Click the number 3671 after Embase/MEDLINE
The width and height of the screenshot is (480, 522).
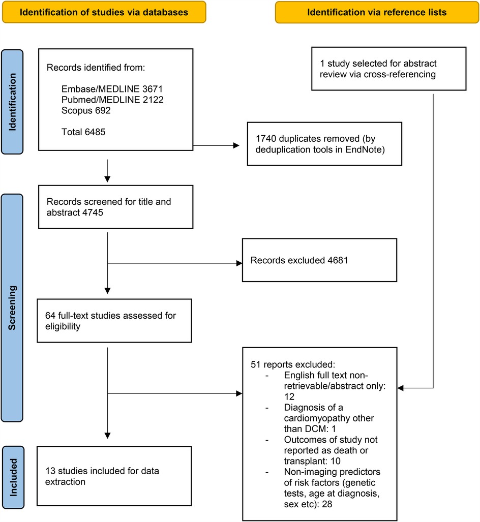click(152, 89)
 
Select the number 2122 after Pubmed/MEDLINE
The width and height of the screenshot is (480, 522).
click(153, 100)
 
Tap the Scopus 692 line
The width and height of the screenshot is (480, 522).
click(86, 110)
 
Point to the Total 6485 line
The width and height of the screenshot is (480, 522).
click(83, 132)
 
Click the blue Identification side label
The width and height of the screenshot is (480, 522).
click(12, 102)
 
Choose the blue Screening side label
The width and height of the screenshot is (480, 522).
click(12, 308)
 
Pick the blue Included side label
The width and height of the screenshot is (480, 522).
click(13, 477)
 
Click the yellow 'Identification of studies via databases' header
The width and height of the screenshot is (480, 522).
click(104, 12)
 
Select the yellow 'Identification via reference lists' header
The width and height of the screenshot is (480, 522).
click(377, 12)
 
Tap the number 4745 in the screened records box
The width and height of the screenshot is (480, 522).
click(93, 212)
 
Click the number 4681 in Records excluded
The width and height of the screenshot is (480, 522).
click(338, 260)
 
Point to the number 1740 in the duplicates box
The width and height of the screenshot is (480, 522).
click(266, 138)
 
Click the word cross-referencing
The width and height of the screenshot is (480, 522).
click(400, 74)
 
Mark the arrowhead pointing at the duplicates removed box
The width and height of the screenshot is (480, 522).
click(236, 145)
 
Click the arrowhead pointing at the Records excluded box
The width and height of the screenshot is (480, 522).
click(239, 263)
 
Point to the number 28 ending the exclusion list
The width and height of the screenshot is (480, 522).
click(327, 504)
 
